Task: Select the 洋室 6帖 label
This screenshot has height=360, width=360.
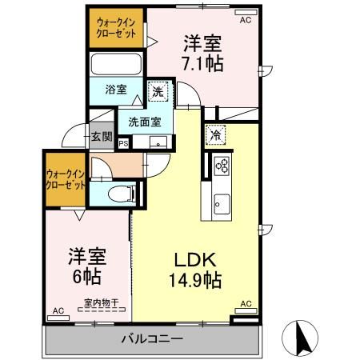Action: click(x=83, y=267)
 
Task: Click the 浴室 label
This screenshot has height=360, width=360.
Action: click(x=116, y=90)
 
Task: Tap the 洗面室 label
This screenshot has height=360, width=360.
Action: click(x=145, y=122)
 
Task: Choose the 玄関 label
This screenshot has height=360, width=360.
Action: click(x=100, y=136)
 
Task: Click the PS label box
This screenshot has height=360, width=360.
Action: click(x=123, y=144)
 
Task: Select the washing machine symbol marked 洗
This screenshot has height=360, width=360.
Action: click(x=158, y=92)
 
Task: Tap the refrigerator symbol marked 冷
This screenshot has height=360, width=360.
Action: click(x=214, y=135)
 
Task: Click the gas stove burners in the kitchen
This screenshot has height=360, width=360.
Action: click(x=222, y=166)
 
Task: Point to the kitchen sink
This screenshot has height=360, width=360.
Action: click(x=221, y=207)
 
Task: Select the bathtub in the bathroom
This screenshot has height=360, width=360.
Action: click(x=116, y=64)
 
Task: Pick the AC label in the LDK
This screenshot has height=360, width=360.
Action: click(x=246, y=303)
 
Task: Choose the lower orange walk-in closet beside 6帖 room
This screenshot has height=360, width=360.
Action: click(x=66, y=178)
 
